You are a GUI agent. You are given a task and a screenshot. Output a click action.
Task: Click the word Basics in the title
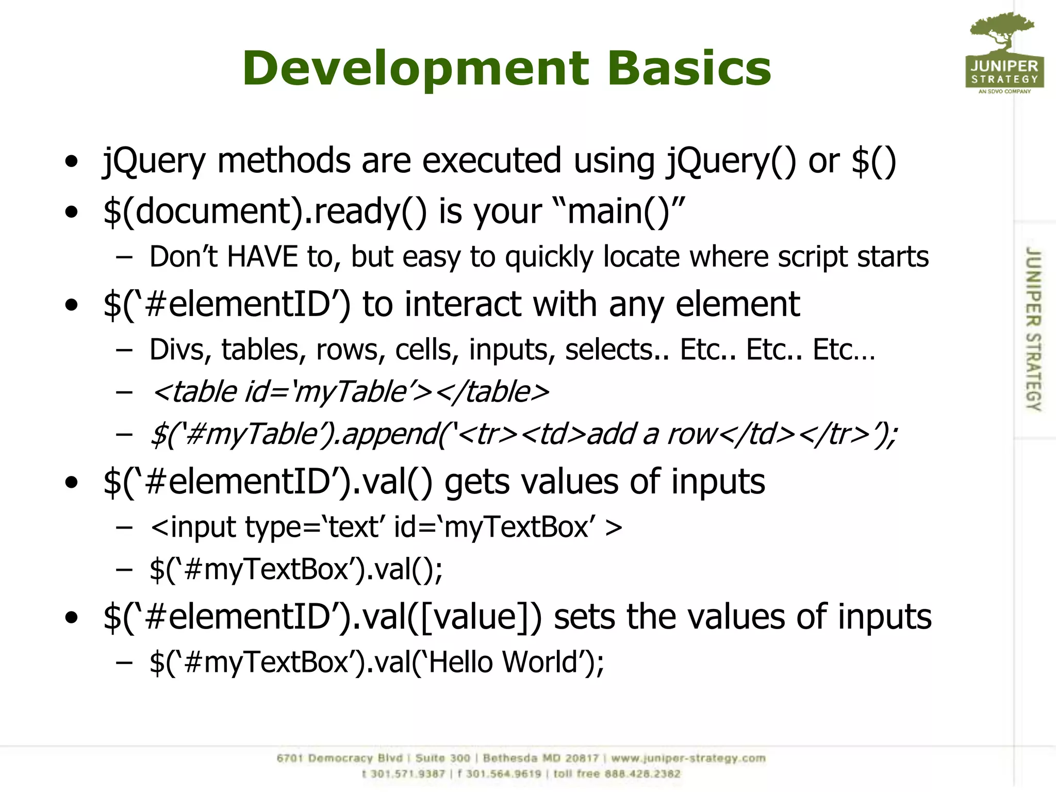tap(689, 69)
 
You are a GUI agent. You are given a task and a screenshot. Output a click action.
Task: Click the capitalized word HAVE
tap(262, 257)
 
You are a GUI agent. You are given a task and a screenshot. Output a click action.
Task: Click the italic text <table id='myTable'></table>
tap(351, 392)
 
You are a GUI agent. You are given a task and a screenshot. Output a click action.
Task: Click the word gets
tap(476, 482)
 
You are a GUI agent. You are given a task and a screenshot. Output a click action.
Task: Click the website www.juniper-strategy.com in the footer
tap(688, 758)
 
